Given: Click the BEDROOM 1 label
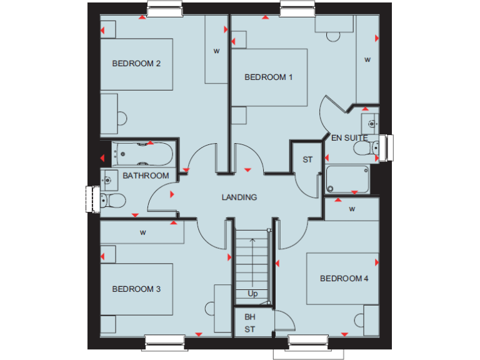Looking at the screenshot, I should coord(269,77).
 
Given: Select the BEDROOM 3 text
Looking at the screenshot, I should coord(137,289).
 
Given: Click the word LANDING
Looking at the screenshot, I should coord(239,197).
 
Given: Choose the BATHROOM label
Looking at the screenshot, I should coord(146,176).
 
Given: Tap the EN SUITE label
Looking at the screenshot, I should coord(349,137).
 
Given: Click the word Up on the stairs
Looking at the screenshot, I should coord(252,293).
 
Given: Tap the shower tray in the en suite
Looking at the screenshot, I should coord(347,179).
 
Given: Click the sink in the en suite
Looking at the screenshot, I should coord(369,121).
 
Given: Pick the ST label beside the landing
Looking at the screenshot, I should coord(307,160).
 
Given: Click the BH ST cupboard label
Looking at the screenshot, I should coord(250,322).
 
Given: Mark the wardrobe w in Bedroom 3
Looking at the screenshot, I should coord(143,233).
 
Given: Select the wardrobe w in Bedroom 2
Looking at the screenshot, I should coord(216,51).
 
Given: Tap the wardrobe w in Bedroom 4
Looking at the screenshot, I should coord(352,209).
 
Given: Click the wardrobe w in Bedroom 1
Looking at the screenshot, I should coord(367,60).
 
